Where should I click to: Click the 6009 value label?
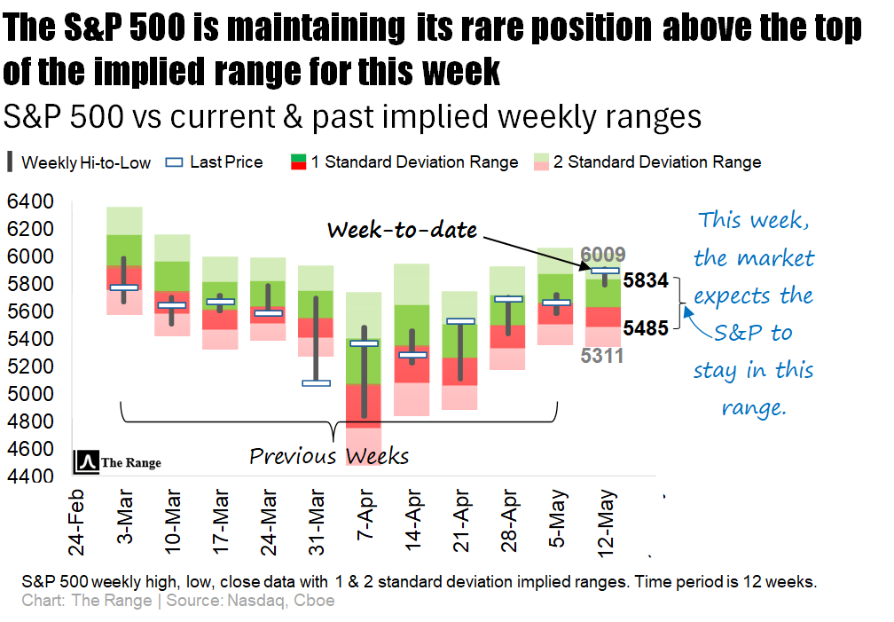click(x=603, y=255)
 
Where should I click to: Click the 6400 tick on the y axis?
click(x=30, y=202)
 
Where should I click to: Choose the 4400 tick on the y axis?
click(x=30, y=476)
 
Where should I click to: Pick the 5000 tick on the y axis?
click(x=30, y=394)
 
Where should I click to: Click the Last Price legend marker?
click(x=175, y=162)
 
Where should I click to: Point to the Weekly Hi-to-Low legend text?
click(x=86, y=162)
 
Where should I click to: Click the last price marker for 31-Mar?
click(x=316, y=383)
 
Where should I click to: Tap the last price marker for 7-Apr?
click(x=364, y=343)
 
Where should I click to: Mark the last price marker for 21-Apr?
click(x=460, y=321)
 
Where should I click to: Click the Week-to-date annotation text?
click(x=402, y=231)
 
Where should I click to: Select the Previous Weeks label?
click(x=329, y=456)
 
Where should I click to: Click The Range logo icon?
click(x=87, y=461)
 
